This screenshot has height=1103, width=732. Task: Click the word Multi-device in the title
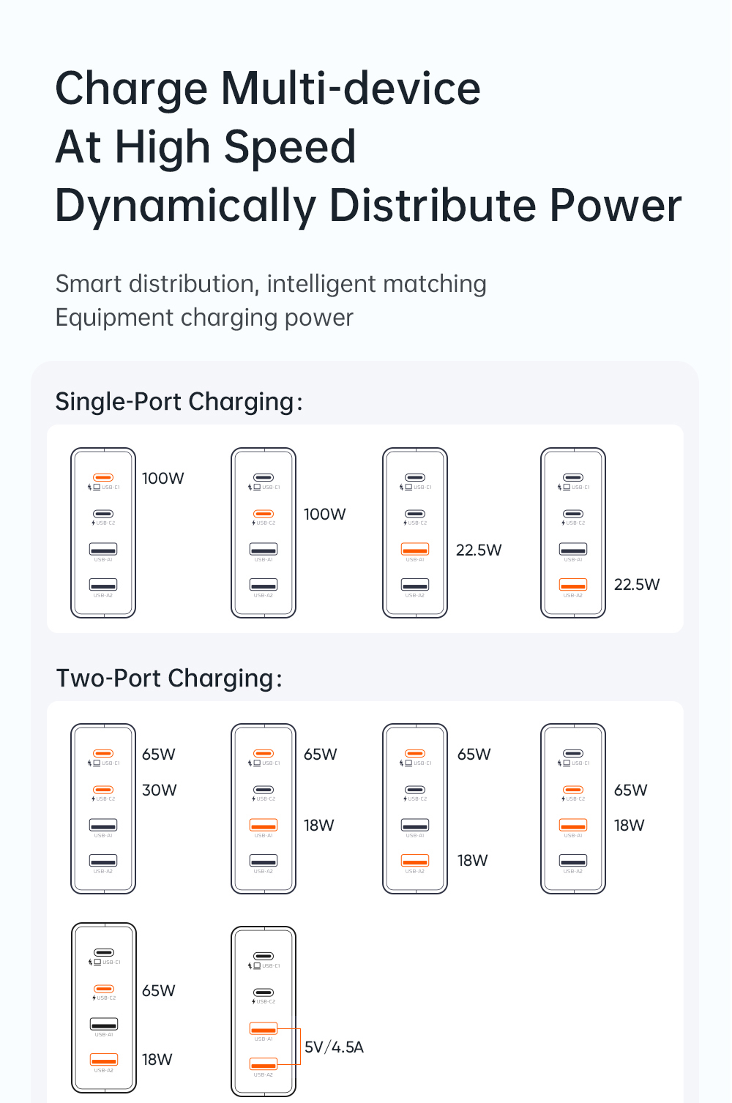point(351,89)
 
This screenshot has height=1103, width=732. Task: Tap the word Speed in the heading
point(290,147)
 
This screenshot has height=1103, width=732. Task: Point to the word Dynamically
point(185,206)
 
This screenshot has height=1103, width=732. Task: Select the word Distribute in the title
point(432,206)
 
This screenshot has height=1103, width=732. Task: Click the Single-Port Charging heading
point(179,402)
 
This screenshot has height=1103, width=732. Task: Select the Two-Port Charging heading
point(169,678)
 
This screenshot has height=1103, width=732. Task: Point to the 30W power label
point(160,790)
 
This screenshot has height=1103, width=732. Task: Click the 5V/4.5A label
point(334,1047)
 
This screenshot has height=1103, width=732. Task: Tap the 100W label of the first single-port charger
point(163,479)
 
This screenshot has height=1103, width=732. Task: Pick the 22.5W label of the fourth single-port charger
point(637,585)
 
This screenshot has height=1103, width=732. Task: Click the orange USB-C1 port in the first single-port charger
point(103,477)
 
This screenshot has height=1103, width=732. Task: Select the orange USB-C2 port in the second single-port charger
point(264,514)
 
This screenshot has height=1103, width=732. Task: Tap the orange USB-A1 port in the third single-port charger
point(415,549)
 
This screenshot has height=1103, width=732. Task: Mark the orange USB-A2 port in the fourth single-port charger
point(573,585)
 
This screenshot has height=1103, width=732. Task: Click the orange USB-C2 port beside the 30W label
point(103,790)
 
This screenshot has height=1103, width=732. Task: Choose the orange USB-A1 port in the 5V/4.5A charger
point(264,1029)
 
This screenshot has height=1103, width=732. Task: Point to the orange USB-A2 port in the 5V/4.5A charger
point(264,1064)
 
